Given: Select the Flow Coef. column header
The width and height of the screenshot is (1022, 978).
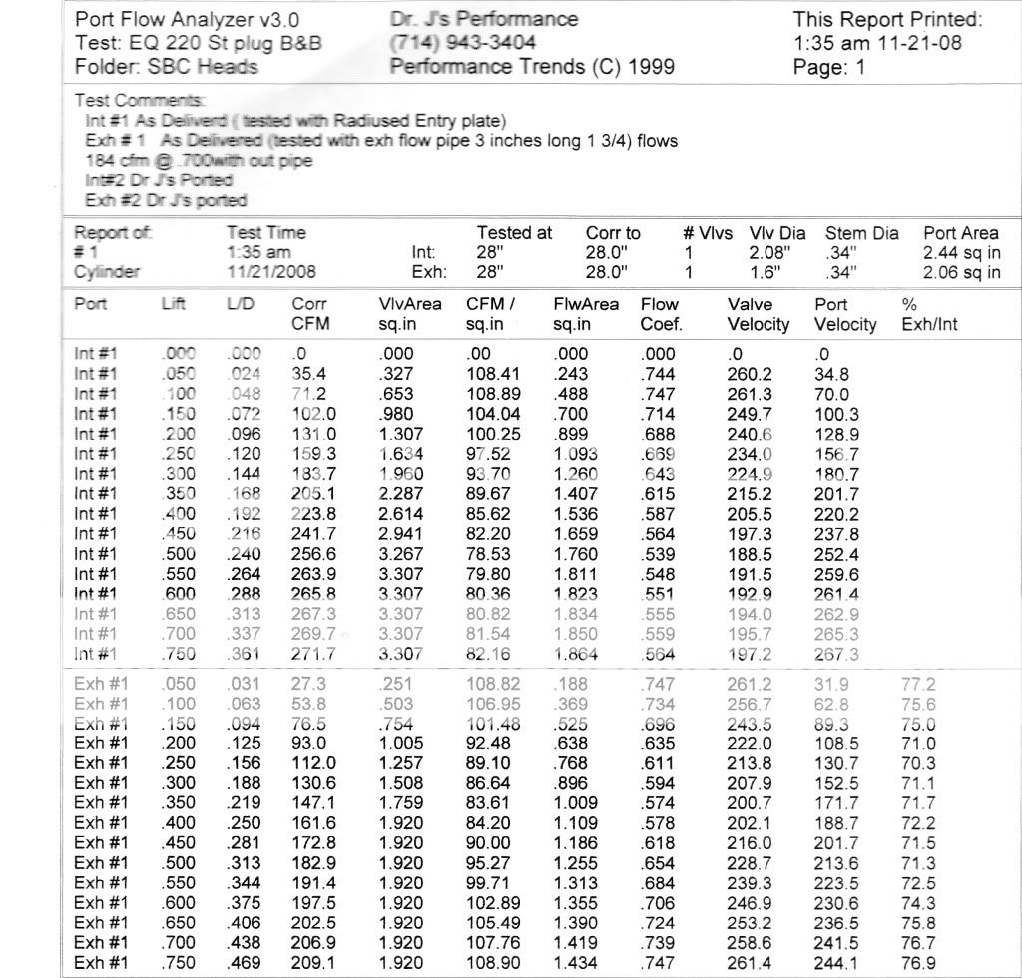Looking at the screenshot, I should (660, 314).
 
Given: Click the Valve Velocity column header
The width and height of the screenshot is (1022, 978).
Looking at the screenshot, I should (759, 314).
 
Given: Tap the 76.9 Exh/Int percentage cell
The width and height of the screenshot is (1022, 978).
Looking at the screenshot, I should (917, 962).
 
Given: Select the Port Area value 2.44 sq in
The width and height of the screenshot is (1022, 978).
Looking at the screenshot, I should (962, 252).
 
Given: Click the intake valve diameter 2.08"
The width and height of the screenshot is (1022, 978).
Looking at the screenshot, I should (769, 252).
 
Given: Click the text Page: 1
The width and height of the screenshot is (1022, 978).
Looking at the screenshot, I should (829, 68).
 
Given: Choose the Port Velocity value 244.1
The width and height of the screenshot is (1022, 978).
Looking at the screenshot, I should (835, 962).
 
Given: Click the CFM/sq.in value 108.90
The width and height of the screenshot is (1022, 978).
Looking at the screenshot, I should (492, 962).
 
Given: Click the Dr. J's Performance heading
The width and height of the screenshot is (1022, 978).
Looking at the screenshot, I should (484, 19).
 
